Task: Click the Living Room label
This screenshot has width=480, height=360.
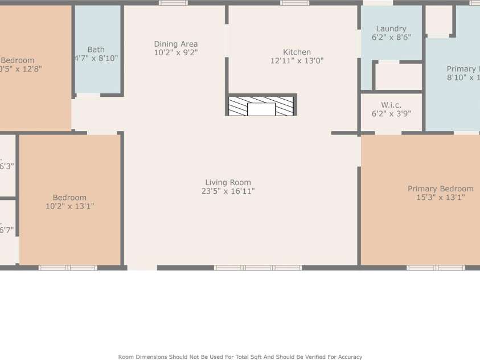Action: point(228,182)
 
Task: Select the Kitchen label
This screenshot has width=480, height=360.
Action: point(297,52)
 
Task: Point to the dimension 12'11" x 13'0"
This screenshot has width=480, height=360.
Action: point(297,60)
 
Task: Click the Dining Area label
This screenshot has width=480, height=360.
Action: point(175,44)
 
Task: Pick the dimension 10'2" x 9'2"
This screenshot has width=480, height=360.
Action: point(175,52)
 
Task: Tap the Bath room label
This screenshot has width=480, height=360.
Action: point(96,50)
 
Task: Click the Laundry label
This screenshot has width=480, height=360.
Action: point(391,28)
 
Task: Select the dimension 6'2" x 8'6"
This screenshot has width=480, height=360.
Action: point(391,38)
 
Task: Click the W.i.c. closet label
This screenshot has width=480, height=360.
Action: point(391,105)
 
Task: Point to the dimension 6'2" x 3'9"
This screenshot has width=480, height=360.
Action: point(391,113)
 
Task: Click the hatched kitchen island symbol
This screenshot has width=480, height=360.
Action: point(261,106)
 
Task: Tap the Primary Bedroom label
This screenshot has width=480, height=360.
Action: point(440,189)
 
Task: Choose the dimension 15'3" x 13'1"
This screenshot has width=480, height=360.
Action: point(440,198)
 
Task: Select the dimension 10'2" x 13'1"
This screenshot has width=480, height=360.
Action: point(69,206)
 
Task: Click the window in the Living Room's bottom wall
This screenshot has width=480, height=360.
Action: point(257,267)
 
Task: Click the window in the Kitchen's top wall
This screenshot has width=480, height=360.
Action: point(295,3)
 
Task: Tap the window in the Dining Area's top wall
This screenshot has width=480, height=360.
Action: point(173,3)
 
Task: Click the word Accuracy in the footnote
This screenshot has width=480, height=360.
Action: point(346,357)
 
